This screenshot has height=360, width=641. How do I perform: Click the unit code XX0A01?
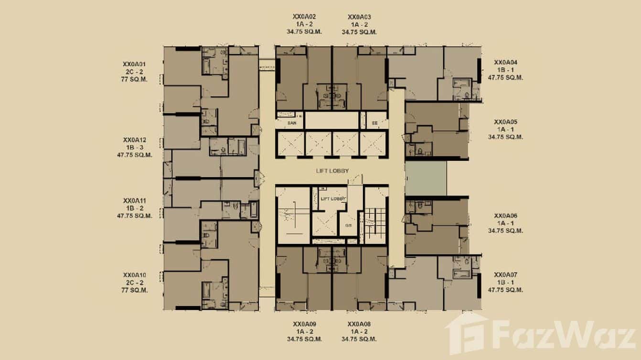(134, 64)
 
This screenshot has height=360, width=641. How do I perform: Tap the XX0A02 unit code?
(305, 17)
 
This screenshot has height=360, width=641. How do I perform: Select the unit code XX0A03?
(359, 17)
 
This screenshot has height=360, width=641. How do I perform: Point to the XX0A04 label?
(506, 62)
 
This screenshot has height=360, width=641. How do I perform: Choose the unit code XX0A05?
(506, 122)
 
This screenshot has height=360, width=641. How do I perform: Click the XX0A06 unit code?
(506, 215)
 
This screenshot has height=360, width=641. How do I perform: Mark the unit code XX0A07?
(506, 275)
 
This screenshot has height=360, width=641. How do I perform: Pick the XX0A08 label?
(359, 324)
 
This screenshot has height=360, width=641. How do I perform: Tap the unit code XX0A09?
(305, 324)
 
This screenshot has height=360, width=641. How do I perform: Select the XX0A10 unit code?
(134, 275)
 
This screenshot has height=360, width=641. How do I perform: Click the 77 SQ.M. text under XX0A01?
(134, 79)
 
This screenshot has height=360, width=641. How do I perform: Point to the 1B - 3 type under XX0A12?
(134, 148)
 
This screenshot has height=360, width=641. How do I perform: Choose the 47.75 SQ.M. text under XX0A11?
(134, 216)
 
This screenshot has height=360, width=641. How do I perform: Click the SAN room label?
(292, 123)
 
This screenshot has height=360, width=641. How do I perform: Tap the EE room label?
(374, 123)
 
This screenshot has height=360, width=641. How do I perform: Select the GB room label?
(349, 226)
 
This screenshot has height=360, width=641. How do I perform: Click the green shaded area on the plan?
(426, 178)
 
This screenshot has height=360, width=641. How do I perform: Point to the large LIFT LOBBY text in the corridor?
(332, 171)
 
